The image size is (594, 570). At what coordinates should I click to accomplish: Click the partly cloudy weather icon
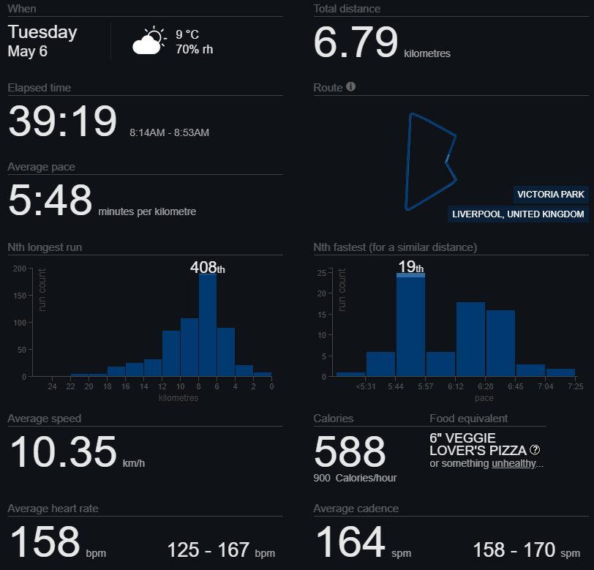tap(148, 41)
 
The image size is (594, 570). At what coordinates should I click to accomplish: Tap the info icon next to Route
tap(351, 87)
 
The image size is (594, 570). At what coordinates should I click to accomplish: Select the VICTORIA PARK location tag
tap(551, 194)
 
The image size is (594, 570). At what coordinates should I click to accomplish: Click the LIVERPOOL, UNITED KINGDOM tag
tap(518, 214)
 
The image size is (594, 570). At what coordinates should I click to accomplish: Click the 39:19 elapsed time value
tap(62, 121)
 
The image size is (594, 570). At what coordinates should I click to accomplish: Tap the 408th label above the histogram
tap(207, 267)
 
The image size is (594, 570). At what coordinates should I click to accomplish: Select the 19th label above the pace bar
tap(410, 266)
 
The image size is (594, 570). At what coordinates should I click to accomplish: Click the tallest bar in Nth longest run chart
tap(208, 326)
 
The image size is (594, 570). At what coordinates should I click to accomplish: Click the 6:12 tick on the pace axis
tap(456, 386)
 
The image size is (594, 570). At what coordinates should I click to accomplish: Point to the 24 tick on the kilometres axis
tap(52, 386)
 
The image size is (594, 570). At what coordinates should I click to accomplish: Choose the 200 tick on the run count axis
tap(19, 269)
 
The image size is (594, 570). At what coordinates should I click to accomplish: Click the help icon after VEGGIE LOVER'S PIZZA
tap(535, 450)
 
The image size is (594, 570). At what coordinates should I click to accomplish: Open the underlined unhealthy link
tap(514, 463)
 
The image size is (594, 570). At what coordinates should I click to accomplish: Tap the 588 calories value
tap(350, 451)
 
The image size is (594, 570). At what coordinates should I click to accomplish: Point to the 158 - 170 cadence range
tap(525, 550)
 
